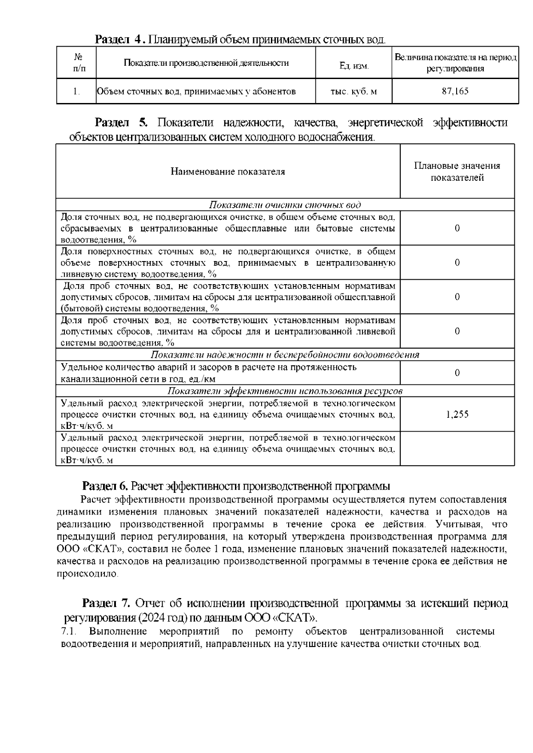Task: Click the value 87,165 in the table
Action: (x=455, y=91)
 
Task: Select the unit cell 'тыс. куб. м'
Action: (x=354, y=91)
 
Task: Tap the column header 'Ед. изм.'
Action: (x=354, y=66)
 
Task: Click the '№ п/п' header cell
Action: (x=76, y=63)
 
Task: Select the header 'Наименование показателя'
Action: (x=228, y=171)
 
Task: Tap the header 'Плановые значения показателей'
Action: (x=457, y=171)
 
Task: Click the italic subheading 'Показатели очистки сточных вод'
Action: (x=285, y=205)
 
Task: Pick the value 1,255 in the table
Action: (x=457, y=414)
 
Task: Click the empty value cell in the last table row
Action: (x=457, y=448)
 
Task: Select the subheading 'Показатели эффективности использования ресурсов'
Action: (x=285, y=391)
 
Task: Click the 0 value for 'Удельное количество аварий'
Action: (x=457, y=373)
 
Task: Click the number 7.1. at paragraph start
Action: (x=69, y=631)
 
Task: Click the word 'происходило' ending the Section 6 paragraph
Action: (x=87, y=574)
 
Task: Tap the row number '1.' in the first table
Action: (x=76, y=91)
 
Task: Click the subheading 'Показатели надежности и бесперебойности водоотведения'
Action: (x=285, y=355)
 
